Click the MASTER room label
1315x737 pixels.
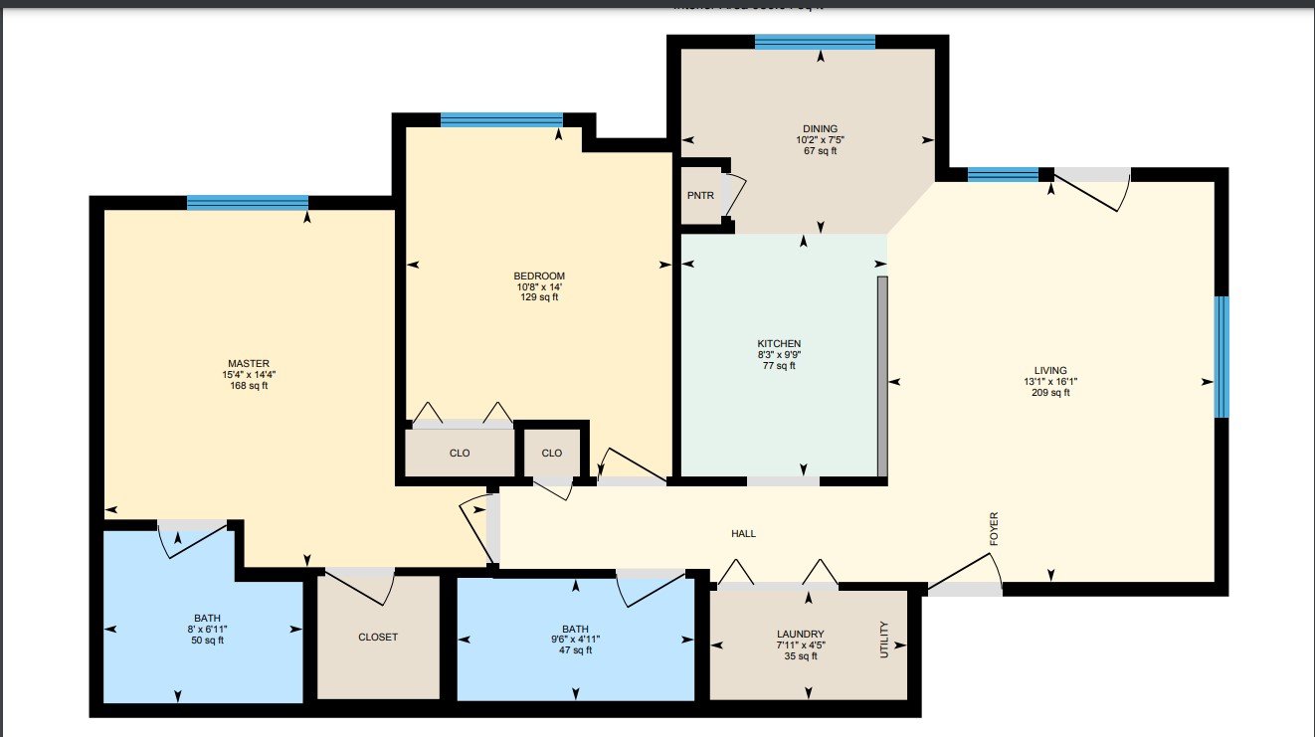coord(248,363)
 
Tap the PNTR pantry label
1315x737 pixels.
coord(700,195)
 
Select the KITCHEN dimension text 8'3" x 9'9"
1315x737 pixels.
coord(779,354)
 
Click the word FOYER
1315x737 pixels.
coord(993,529)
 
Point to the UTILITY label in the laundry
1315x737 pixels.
coord(883,640)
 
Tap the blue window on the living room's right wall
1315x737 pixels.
coord(1221,356)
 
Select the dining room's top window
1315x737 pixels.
coord(814,42)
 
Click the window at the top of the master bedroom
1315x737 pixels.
coord(247,203)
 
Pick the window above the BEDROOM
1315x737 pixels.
coord(501,120)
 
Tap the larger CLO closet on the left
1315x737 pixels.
coord(460,453)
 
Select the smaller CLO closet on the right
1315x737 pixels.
coord(552,453)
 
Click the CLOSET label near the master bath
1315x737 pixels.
coord(378,637)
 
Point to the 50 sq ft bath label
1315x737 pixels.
coord(208,641)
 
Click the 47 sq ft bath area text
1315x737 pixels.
coord(575,650)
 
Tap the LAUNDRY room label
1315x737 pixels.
coord(800,634)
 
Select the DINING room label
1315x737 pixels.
coord(821,128)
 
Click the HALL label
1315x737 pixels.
coord(743,534)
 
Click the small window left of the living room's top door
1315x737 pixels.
coord(1002,176)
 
